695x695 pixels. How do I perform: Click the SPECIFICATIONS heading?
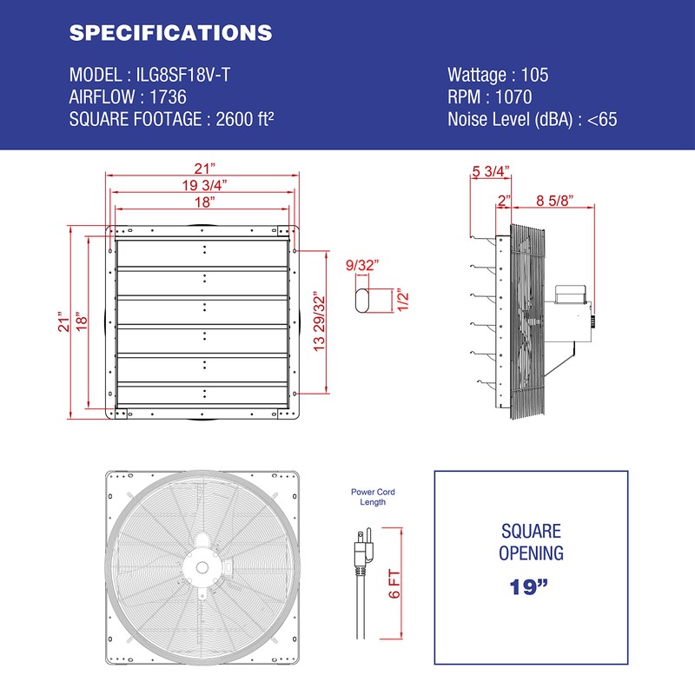click(x=170, y=33)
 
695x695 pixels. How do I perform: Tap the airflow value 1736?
click(x=168, y=97)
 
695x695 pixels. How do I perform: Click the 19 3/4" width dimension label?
click(x=204, y=184)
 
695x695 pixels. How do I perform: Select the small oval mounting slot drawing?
click(x=363, y=300)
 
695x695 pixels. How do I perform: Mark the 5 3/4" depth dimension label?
click(x=490, y=171)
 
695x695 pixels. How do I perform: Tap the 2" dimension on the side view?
click(x=504, y=201)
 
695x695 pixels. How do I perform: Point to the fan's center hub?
click(x=202, y=566)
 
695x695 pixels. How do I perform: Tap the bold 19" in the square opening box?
click(x=531, y=586)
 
